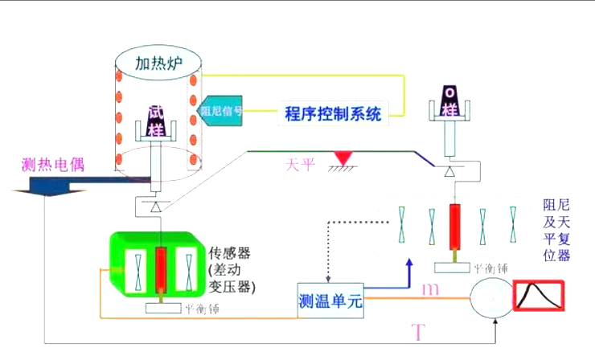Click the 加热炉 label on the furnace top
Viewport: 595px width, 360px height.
157,62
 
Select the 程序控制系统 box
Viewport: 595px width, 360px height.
333,112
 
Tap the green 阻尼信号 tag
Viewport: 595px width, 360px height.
220,111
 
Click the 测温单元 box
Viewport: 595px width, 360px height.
330,301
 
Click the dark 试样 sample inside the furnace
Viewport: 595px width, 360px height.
156,123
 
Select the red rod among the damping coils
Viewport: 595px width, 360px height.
456,228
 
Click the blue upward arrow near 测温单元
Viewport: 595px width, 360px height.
408,269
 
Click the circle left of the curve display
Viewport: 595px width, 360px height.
490,297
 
